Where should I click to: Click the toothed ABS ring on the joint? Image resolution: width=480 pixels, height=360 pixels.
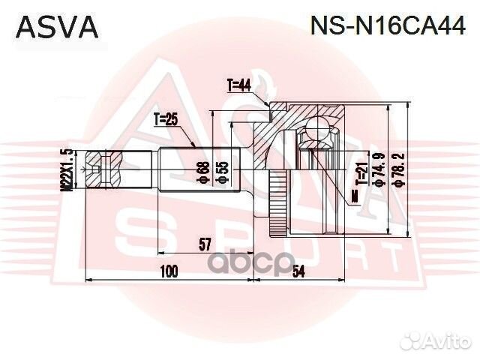pos(278,199)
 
